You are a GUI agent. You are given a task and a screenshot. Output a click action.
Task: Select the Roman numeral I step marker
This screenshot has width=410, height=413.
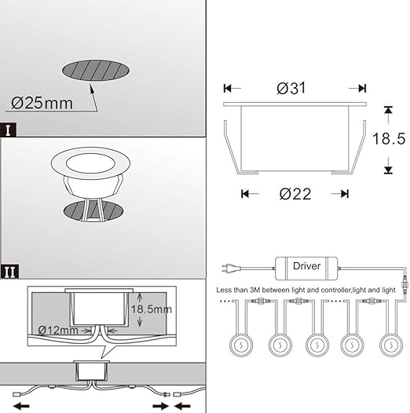8,130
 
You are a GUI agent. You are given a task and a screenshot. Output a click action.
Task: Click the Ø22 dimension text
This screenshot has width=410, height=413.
295,193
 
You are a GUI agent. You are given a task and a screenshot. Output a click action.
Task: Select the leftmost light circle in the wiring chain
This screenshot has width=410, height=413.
240,345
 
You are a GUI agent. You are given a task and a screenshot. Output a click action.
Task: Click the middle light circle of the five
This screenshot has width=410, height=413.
316,345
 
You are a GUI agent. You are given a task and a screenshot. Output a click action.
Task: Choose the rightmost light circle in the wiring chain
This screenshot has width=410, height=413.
390,345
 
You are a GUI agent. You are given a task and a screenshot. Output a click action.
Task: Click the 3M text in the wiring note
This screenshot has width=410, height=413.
262,289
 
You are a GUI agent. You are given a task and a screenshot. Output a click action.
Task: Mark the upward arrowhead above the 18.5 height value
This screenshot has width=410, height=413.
388,108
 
